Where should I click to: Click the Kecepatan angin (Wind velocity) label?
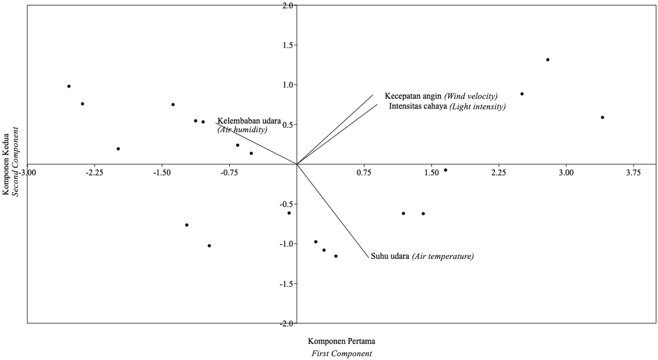(x=441, y=96)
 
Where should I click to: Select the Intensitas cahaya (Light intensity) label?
(x=447, y=107)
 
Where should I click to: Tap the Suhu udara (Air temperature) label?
(x=422, y=256)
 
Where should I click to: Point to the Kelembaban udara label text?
(x=249, y=121)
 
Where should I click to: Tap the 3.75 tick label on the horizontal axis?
(x=634, y=172)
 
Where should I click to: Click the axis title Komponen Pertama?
(x=342, y=341)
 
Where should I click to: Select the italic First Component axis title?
(x=342, y=354)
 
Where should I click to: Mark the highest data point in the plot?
(x=548, y=60)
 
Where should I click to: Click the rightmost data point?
(x=602, y=117)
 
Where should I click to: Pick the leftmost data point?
(x=69, y=86)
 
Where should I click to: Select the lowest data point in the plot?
(x=336, y=256)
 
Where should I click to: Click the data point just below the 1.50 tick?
(x=446, y=170)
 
